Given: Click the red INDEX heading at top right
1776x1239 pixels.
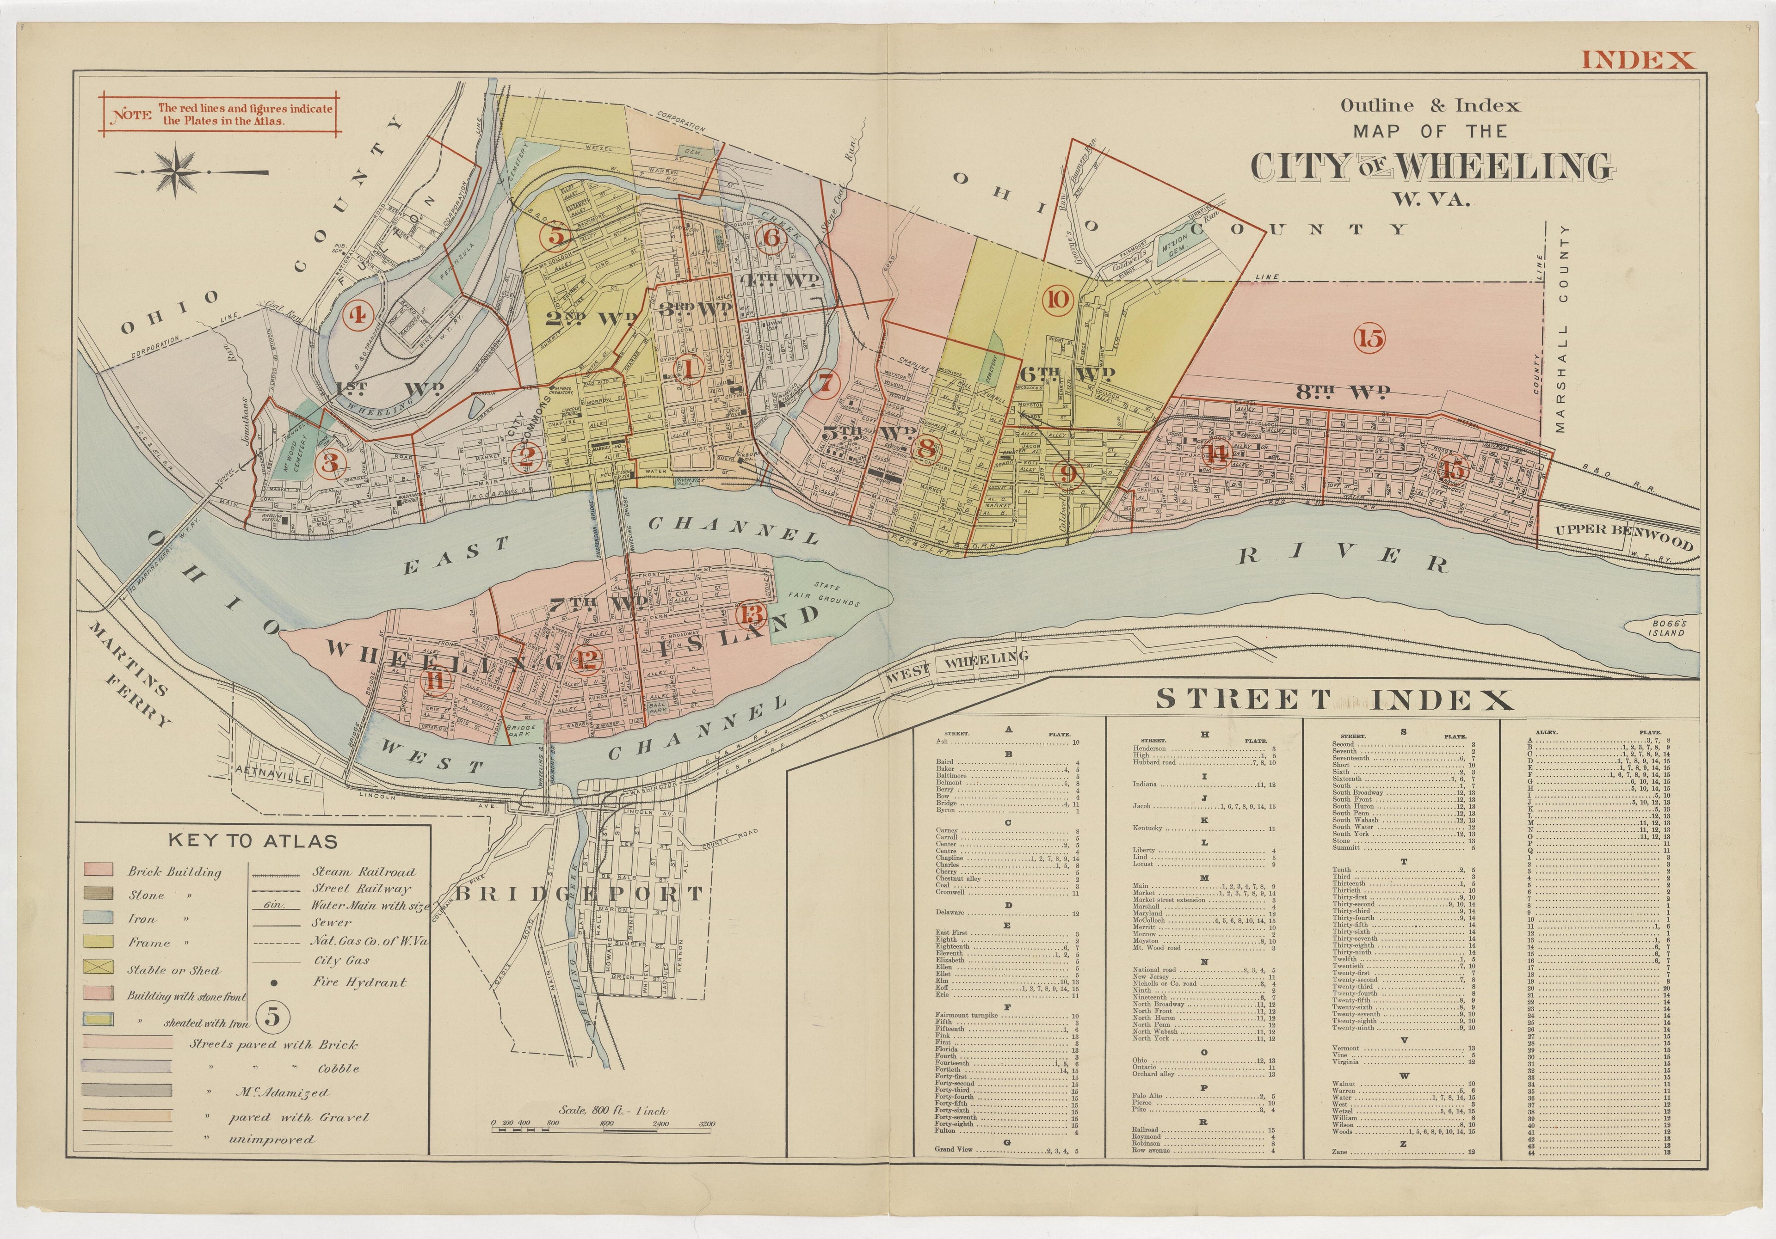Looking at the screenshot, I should tap(1637, 60).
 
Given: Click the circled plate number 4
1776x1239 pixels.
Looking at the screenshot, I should tap(358, 315).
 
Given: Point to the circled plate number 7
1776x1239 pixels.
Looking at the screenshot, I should tap(826, 381).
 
